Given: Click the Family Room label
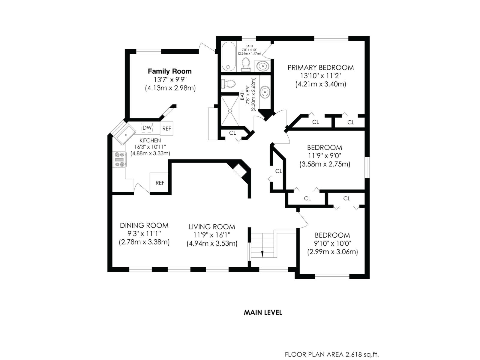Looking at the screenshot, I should coord(169,71).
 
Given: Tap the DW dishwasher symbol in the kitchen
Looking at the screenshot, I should coord(147,127).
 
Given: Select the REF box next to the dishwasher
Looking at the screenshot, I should coord(166,128).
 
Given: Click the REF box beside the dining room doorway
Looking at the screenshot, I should coord(160,183).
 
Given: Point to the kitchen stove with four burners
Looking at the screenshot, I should coord(119,159).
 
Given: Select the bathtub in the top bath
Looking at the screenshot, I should coord(229,56).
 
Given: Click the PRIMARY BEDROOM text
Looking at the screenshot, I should coord(320,67).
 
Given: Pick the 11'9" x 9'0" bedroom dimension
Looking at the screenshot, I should coord(324,156).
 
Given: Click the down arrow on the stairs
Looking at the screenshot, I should coord(262,254).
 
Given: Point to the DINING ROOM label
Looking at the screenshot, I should coord(144,225).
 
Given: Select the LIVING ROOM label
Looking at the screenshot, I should coord(212,227).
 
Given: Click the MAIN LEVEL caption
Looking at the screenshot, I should coord(263,312).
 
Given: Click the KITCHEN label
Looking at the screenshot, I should coord(150,140).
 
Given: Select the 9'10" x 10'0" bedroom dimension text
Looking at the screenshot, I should coord(332,243).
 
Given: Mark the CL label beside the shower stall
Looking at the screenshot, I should coord(232,133).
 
